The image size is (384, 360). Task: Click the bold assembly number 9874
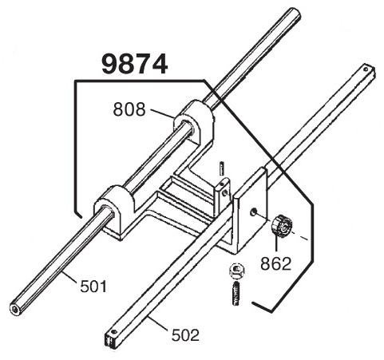coord(135,64)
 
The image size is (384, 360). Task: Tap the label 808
coord(129,109)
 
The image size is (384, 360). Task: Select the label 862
coord(275,263)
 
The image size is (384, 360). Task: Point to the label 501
coord(93,287)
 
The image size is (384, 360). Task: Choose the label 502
coord(185,334)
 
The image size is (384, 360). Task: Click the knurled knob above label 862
coord(282,225)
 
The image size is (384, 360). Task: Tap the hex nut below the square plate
coord(236,271)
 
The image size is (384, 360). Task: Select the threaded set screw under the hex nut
coord(236,295)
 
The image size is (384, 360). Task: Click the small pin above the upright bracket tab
coord(222,168)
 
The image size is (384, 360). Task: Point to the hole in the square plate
coord(253,212)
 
